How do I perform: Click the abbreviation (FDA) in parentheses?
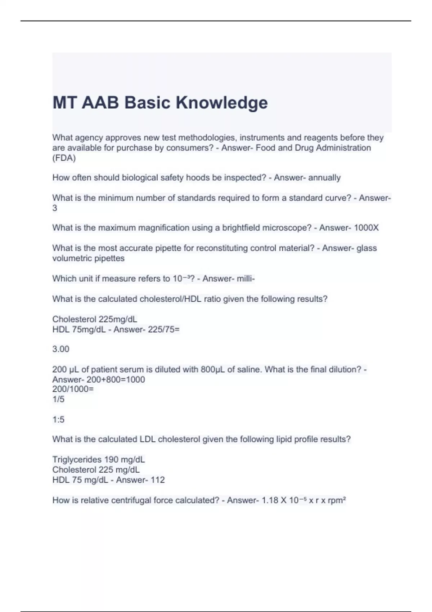64,158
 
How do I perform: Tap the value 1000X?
366,228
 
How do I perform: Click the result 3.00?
61,349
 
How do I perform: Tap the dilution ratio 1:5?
58,419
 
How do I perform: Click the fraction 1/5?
58,399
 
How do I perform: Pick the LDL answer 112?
158,480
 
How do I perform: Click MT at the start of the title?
65,103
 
